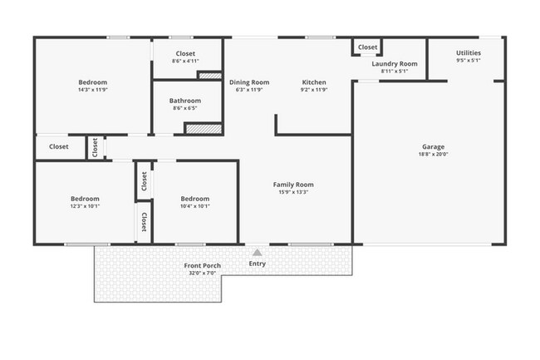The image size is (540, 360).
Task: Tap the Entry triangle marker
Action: tap(258, 252)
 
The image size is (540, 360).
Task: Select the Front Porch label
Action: tap(201, 266)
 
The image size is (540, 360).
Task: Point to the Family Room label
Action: tap(293, 185)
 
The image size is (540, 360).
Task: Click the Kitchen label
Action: tap(314, 82)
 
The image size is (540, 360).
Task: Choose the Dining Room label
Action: tap(249, 82)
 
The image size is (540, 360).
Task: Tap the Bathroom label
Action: tap(184, 100)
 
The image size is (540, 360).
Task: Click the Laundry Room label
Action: tap(394, 63)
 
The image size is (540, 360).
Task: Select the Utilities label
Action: tap(468, 53)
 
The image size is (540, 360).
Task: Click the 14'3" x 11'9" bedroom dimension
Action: tap(92, 90)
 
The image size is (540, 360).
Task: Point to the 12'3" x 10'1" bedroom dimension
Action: tap(85, 206)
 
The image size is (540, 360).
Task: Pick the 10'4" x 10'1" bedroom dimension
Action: tap(194, 206)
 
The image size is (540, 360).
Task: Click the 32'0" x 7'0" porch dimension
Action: tap(201, 274)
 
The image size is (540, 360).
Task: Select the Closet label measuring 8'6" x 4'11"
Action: tap(184, 53)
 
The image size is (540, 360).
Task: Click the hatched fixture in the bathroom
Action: tap(204, 129)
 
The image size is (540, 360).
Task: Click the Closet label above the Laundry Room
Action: tap(368, 48)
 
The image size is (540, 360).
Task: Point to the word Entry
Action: tap(258, 264)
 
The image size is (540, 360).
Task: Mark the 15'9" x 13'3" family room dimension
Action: tap(293, 192)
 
